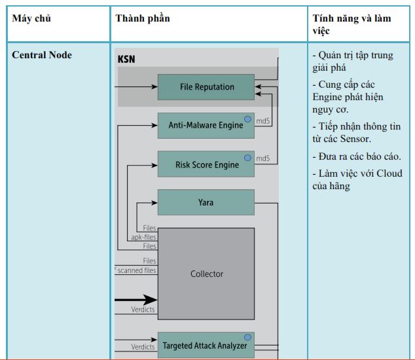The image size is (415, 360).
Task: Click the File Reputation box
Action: pos(206,87)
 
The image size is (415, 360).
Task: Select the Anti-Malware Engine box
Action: pos(206,126)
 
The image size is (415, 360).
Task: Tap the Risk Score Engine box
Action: pos(206,164)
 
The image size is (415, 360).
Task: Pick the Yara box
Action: pos(206,202)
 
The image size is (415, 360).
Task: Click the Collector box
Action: pos(206,274)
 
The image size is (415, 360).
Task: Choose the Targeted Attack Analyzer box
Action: pos(206,346)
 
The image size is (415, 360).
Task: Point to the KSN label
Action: pos(126,60)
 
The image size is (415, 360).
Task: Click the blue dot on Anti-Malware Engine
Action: pos(247,119)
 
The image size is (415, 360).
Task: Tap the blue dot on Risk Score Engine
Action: pos(247,158)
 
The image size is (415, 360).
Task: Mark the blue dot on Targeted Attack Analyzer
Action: pos(247,337)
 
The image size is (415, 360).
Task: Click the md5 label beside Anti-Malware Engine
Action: pos(263,121)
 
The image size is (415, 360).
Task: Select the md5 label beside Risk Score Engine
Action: pos(263,158)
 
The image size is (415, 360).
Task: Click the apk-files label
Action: pos(144,237)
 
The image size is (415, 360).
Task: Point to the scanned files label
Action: pos(137,270)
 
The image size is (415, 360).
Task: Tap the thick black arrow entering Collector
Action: pos(136,300)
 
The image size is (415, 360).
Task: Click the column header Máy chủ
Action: pos(31,18)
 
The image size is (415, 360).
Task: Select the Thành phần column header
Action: pos(143,18)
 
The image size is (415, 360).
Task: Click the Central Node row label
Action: pos(42,55)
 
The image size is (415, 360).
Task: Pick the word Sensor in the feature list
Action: pos(355,139)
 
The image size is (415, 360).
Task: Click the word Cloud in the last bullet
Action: pos(389,173)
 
